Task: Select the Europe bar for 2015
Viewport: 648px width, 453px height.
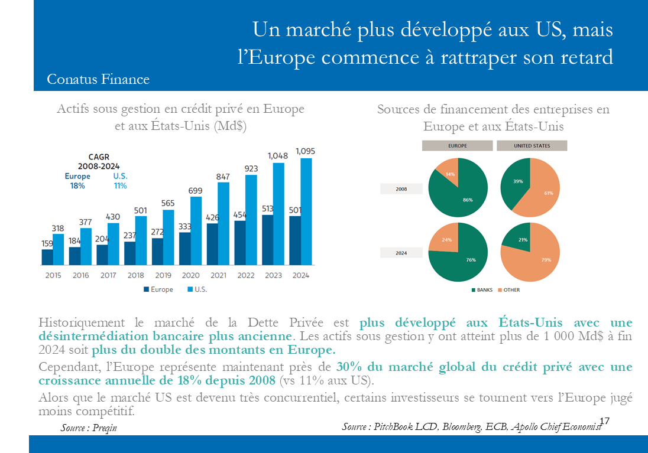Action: tap(47, 257)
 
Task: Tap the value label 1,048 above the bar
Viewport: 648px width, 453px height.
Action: tap(278, 156)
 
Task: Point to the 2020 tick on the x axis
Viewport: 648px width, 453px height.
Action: tap(190, 275)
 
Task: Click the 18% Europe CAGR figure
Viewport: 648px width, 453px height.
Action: tap(77, 185)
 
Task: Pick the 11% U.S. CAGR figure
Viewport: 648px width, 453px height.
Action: tap(120, 185)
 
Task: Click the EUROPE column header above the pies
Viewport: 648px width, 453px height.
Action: tap(457, 145)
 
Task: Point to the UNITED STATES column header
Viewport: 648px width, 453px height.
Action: tap(532, 145)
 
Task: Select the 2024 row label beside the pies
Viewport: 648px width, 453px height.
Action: tap(401, 252)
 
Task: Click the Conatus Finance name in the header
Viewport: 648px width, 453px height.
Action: tap(98, 79)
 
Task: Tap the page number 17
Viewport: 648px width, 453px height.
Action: tap(604, 421)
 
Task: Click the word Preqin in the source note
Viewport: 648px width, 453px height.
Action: tap(105, 428)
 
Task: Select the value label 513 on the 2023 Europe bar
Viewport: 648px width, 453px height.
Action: tap(267, 208)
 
